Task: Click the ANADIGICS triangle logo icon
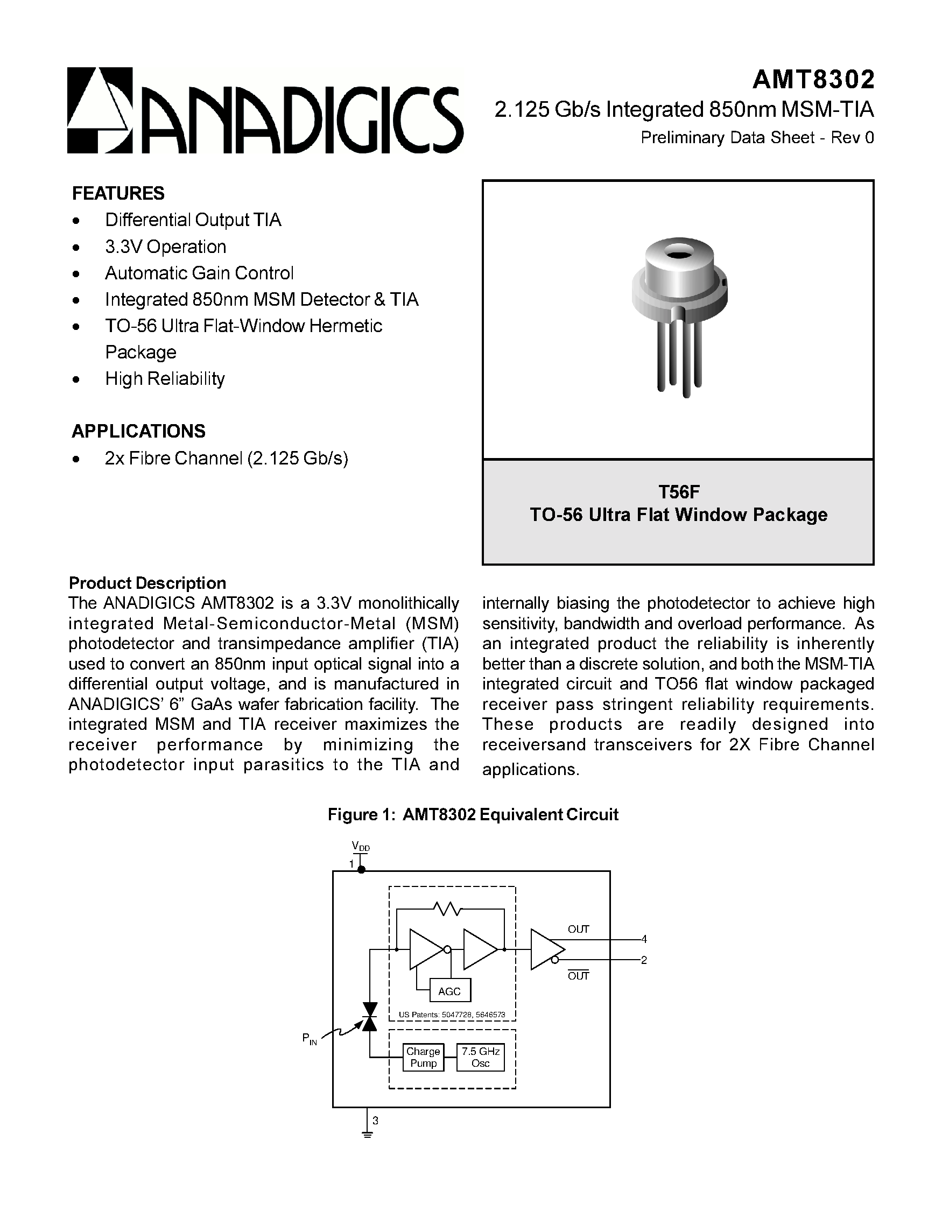[100, 110]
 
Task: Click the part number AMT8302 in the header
[813, 80]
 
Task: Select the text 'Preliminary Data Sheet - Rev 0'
[757, 137]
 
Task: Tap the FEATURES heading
[118, 194]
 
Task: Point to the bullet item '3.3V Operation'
[165, 247]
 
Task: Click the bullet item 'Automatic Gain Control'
[199, 273]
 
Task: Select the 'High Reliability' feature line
[165, 379]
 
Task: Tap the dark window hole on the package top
[679, 255]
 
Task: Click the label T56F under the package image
[679, 491]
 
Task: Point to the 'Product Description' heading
[147, 583]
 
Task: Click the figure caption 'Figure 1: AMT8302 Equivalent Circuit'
[473, 814]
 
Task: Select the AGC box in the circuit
[450, 991]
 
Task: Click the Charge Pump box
[423, 1058]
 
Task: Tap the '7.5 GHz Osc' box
[480, 1058]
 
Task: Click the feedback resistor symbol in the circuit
[447, 909]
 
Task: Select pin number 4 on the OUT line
[644, 939]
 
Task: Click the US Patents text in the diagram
[452, 1015]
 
